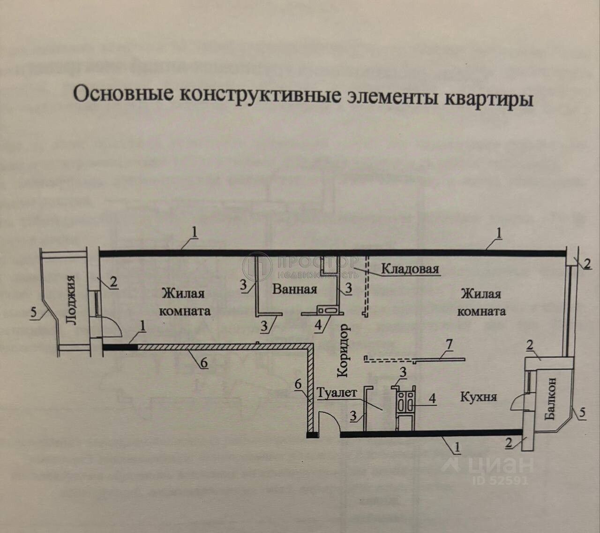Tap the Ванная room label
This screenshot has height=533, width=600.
(x=294, y=289)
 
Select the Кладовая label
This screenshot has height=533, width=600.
(x=410, y=269)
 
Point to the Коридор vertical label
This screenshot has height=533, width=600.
(x=343, y=350)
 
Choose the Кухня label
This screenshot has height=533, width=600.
(x=478, y=396)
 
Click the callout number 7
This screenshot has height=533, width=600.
(x=449, y=346)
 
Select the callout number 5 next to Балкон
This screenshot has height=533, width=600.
(x=582, y=413)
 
